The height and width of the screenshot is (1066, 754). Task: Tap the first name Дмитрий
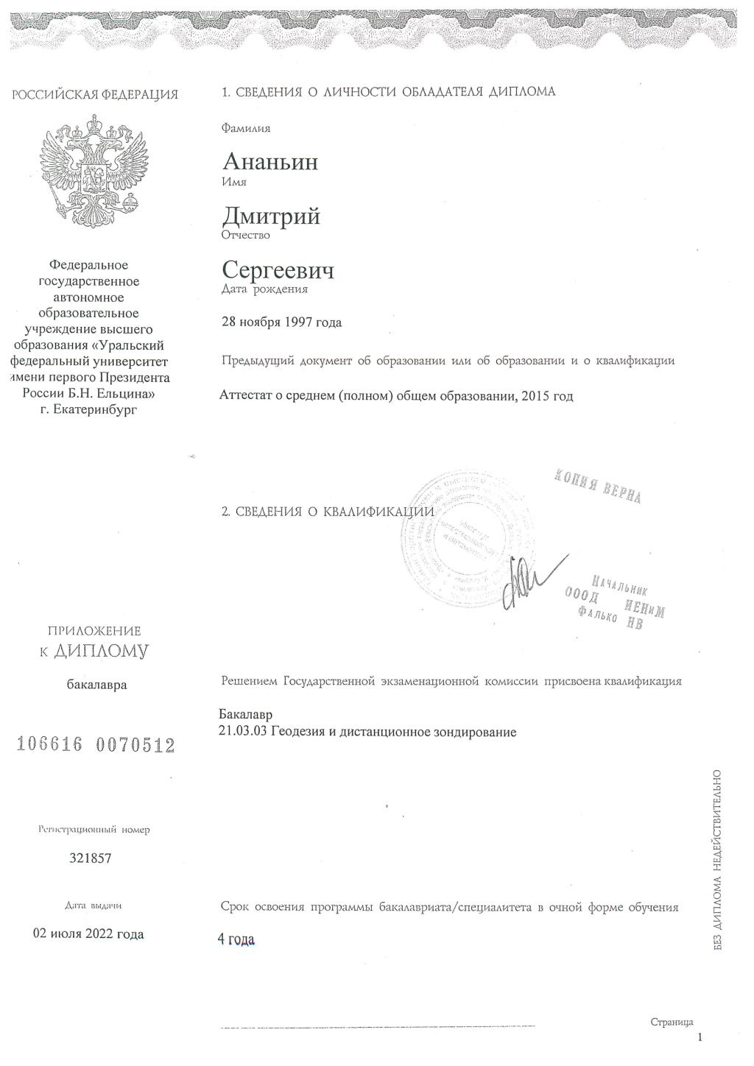pyautogui.click(x=271, y=216)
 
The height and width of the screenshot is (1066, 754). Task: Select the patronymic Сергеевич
pyautogui.click(x=278, y=270)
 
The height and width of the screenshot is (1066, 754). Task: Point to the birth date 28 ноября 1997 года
pyautogui.click(x=281, y=322)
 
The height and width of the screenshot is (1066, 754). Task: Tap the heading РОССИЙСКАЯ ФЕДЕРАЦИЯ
pyautogui.click(x=94, y=94)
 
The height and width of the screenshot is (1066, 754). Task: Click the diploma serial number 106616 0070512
pyautogui.click(x=96, y=745)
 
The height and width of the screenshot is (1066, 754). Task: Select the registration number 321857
pyautogui.click(x=91, y=858)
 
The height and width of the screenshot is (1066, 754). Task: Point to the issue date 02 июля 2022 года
pyautogui.click(x=89, y=934)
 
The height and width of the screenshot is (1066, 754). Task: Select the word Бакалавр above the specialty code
pyautogui.click(x=245, y=715)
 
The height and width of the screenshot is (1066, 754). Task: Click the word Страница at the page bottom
pyautogui.click(x=672, y=1022)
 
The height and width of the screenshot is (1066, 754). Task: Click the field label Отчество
pyautogui.click(x=245, y=236)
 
